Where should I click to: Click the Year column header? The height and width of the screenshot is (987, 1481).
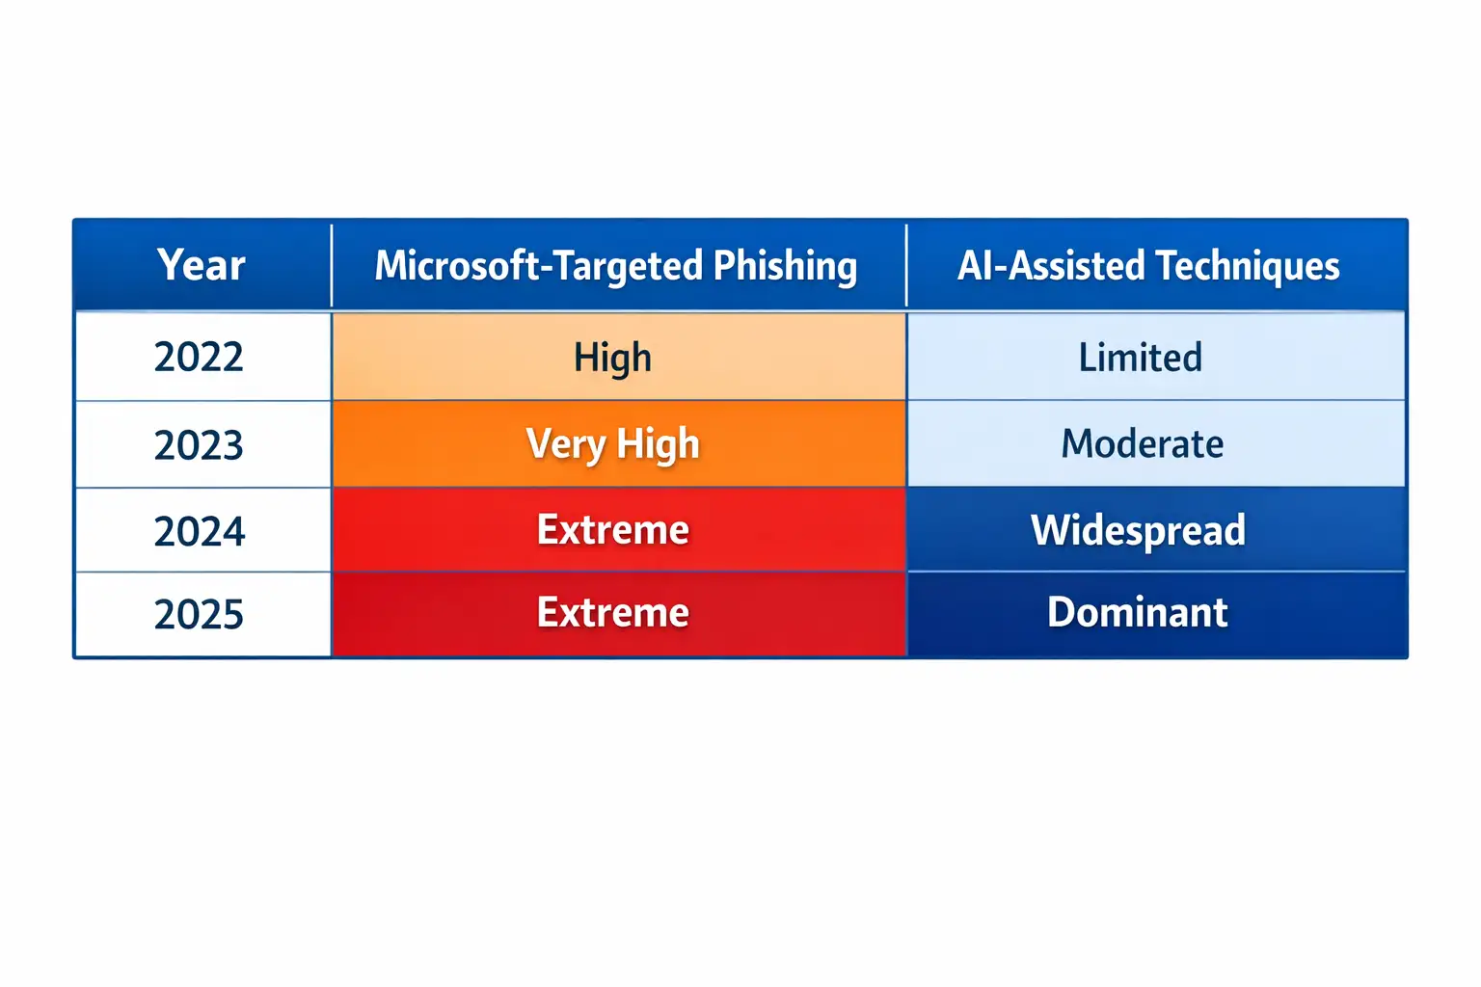pyautogui.click(x=201, y=265)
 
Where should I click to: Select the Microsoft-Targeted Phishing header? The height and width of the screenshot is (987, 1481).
pyautogui.click(x=615, y=266)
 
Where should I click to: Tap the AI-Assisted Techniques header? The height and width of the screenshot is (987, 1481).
pyautogui.click(x=1148, y=266)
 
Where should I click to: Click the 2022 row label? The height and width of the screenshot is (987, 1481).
pyautogui.click(x=199, y=357)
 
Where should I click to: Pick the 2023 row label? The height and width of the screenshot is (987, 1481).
pyautogui.click(x=199, y=444)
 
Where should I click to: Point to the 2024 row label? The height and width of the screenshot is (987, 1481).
pyautogui.click(x=199, y=531)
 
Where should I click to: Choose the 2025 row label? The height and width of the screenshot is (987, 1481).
pyautogui.click(x=199, y=614)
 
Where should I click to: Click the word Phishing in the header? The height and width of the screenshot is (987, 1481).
pyautogui.click(x=785, y=267)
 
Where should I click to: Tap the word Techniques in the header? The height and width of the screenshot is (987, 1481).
pyautogui.click(x=1248, y=266)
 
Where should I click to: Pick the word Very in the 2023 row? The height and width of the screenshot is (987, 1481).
pyautogui.click(x=566, y=445)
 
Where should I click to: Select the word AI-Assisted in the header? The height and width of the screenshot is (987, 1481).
pyautogui.click(x=1051, y=266)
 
